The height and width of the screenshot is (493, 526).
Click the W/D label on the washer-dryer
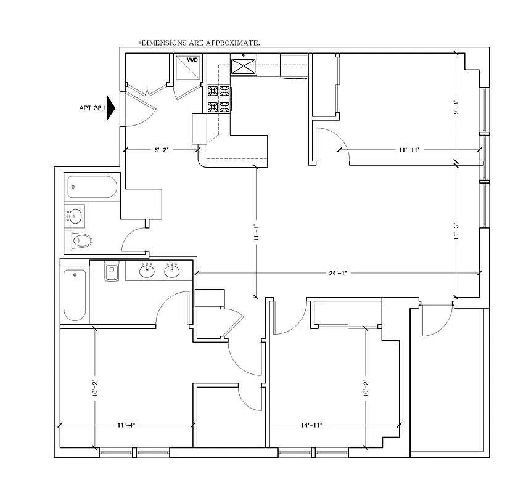pos(192,60)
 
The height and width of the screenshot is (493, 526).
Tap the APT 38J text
pos(91,108)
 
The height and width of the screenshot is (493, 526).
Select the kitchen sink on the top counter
pos(244,65)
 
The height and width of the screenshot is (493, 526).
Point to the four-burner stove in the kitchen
pos(220,99)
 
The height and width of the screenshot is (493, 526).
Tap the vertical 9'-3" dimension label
pos(456,107)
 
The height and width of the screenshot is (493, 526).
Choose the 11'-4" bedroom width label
pos(125,425)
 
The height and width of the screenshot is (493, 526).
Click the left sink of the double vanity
pos(147,271)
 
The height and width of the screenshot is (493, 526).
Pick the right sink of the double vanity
pos(172,271)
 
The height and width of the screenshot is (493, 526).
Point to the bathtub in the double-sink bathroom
pos(75,295)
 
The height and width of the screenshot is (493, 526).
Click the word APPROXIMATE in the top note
pos(232,43)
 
